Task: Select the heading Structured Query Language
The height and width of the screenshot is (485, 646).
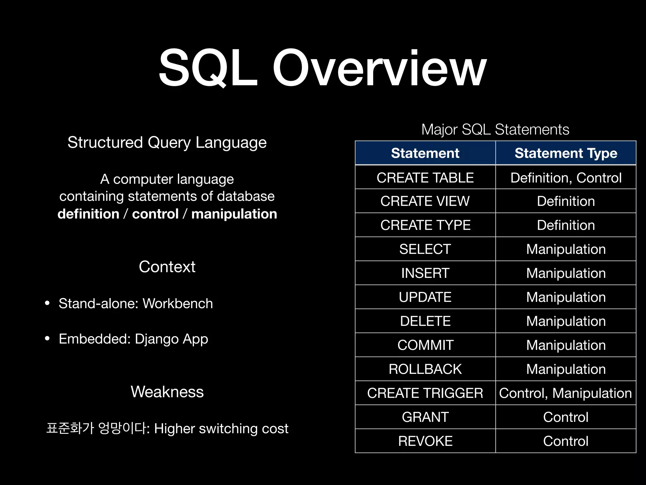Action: coord(167,142)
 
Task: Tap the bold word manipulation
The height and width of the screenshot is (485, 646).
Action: coord(234,214)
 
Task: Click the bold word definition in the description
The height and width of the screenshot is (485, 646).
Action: coord(88,214)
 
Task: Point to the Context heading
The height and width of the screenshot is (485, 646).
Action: coord(167,267)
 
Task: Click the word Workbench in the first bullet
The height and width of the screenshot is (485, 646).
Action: coord(178,303)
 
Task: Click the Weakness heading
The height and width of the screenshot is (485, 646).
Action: coord(167,392)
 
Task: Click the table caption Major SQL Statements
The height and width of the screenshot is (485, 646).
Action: coord(495,129)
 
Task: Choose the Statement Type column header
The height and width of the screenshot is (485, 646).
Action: coord(566,153)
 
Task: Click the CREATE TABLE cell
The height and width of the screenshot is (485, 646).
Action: coord(425,178)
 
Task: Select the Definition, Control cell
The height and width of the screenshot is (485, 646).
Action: coord(566,178)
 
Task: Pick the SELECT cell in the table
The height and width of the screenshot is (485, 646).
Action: coord(425,249)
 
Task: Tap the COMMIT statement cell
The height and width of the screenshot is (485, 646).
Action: coord(425,345)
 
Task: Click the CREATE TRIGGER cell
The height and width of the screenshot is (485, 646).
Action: coord(425,393)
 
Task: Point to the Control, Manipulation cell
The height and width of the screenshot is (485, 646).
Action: coord(566,393)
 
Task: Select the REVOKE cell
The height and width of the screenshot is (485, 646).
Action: coord(425,441)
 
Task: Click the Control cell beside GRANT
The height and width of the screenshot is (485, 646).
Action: coord(566,417)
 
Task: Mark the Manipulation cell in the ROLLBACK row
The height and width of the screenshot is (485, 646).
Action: coord(566,369)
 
